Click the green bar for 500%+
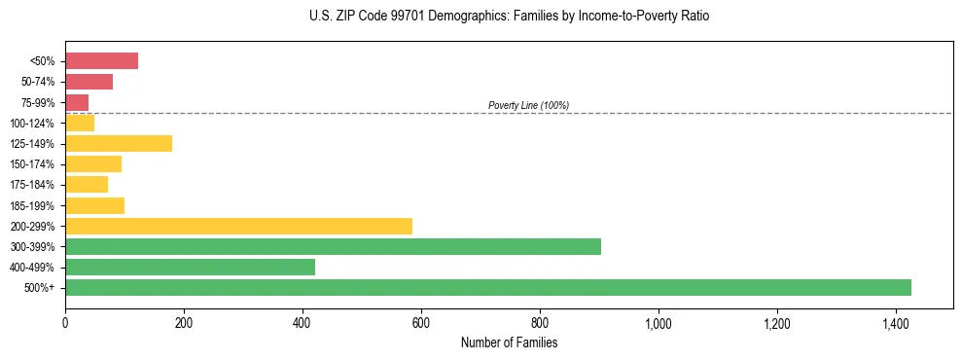pos(487,287)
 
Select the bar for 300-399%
pos(333,246)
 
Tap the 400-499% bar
pos(190,267)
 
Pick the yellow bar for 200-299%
pos(238,226)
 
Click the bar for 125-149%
pos(119,144)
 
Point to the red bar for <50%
pos(101,61)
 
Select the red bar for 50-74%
pos(89,82)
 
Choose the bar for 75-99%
pos(77,102)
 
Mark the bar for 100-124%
pos(80,123)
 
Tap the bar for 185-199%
pos(94,205)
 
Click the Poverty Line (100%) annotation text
pos(528,105)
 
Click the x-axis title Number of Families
pos(509,342)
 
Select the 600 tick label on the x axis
pos(421,322)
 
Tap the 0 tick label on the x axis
pos(65,322)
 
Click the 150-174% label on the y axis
pos(32,164)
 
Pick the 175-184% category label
pos(32,185)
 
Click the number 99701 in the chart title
pos(390,17)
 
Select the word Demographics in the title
pos(452,17)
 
